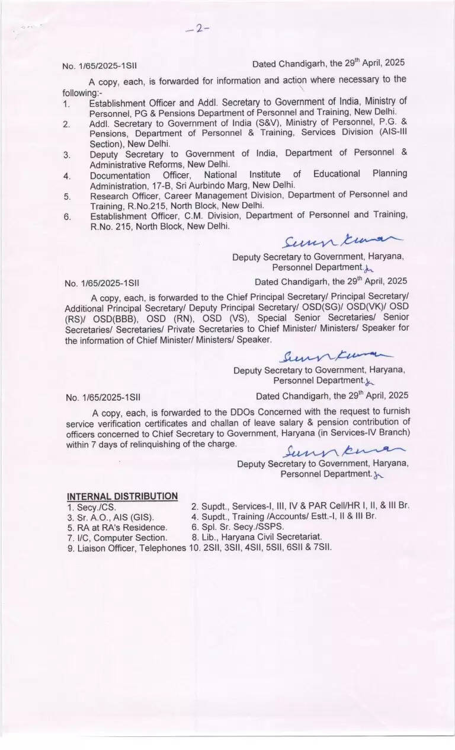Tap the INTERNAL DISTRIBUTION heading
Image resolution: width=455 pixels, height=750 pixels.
[x=122, y=496]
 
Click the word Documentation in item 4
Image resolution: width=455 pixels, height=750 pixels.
[x=120, y=175]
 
